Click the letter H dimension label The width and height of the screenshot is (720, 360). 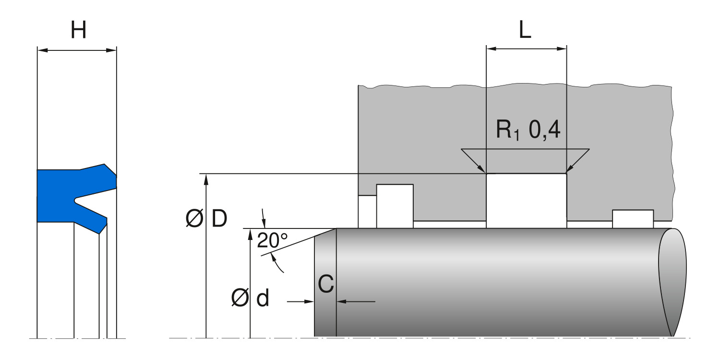78,31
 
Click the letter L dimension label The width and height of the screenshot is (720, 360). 526,31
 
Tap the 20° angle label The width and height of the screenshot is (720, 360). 272,240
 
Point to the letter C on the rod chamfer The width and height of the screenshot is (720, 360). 326,285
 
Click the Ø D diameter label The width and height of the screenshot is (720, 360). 206,219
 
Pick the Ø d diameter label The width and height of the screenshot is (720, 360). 250,299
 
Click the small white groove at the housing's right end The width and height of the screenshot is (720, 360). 633,218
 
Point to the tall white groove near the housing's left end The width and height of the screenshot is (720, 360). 395,205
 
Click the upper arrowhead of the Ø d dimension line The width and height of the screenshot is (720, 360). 250,233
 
